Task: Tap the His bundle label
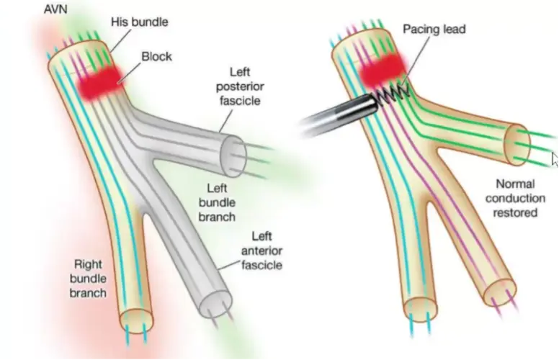[139, 22]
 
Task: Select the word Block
[156, 55]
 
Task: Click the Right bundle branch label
[89, 277]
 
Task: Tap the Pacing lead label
[434, 30]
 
